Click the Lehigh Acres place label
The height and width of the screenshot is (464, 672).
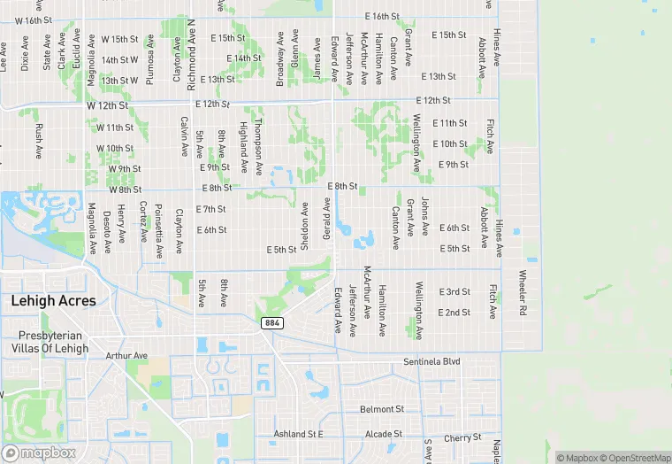pyautogui.click(x=53, y=301)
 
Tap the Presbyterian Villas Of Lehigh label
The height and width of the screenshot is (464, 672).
pyautogui.click(x=53, y=342)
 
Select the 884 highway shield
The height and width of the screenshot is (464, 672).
pyautogui.click(x=271, y=323)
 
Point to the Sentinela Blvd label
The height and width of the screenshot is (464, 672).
pyautogui.click(x=432, y=362)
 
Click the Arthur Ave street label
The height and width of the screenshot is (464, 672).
pyautogui.click(x=125, y=356)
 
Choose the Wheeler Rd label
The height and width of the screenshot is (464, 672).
pyautogui.click(x=523, y=293)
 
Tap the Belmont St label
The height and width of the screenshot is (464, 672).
pyautogui.click(x=382, y=409)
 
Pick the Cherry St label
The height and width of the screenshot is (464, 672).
pyautogui.click(x=462, y=438)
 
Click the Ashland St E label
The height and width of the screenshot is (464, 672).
pyautogui.click(x=298, y=434)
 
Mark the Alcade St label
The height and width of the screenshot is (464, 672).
pyautogui.click(x=384, y=434)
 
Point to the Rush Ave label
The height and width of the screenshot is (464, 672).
pyautogui.click(x=39, y=141)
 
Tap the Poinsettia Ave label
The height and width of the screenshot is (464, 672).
pyautogui.click(x=159, y=233)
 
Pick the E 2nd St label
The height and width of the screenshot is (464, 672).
pyautogui.click(x=454, y=313)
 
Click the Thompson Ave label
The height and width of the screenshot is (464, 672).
pyautogui.click(x=259, y=146)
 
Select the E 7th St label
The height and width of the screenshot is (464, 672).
pyautogui.click(x=210, y=209)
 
